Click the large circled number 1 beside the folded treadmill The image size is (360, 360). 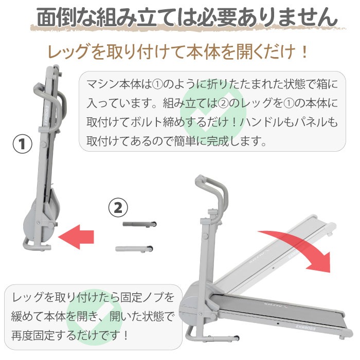pyautogui.click(x=22, y=144)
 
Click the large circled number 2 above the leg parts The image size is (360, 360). pyautogui.click(x=118, y=208)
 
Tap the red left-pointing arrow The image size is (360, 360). pyautogui.click(x=76, y=237)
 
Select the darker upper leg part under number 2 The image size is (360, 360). pyautogui.click(x=139, y=224)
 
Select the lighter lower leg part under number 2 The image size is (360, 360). pyautogui.click(x=134, y=248)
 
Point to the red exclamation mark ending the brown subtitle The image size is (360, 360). pyautogui.click(x=304, y=51)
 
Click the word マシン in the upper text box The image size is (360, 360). pyautogui.click(x=102, y=84)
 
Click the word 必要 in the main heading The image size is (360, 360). pyautogui.click(x=217, y=17)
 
